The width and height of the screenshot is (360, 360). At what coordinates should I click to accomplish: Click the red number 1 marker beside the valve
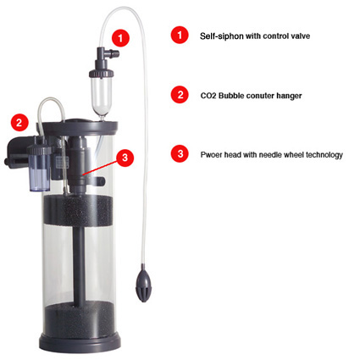(x=120, y=38)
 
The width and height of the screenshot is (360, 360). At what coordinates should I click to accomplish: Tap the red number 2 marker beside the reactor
(x=19, y=123)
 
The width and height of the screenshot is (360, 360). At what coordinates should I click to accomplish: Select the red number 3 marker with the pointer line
(x=125, y=158)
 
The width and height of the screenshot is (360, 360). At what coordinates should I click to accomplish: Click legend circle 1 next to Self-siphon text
(x=180, y=35)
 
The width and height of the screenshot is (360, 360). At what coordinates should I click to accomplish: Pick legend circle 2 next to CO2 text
(x=180, y=95)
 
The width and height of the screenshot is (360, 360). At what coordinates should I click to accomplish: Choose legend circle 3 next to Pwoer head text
(x=180, y=153)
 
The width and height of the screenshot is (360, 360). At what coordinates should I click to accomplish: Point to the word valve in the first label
(x=301, y=36)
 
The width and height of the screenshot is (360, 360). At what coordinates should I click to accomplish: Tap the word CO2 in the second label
(x=208, y=96)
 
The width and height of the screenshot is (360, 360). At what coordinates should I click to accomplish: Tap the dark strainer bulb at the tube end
(x=143, y=283)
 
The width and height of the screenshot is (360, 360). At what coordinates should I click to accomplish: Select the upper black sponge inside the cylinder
(x=78, y=211)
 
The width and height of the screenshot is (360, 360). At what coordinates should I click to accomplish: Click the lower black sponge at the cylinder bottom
(x=80, y=319)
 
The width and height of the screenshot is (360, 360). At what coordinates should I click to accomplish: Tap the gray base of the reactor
(x=80, y=342)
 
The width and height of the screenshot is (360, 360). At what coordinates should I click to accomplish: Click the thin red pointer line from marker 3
(x=100, y=168)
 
